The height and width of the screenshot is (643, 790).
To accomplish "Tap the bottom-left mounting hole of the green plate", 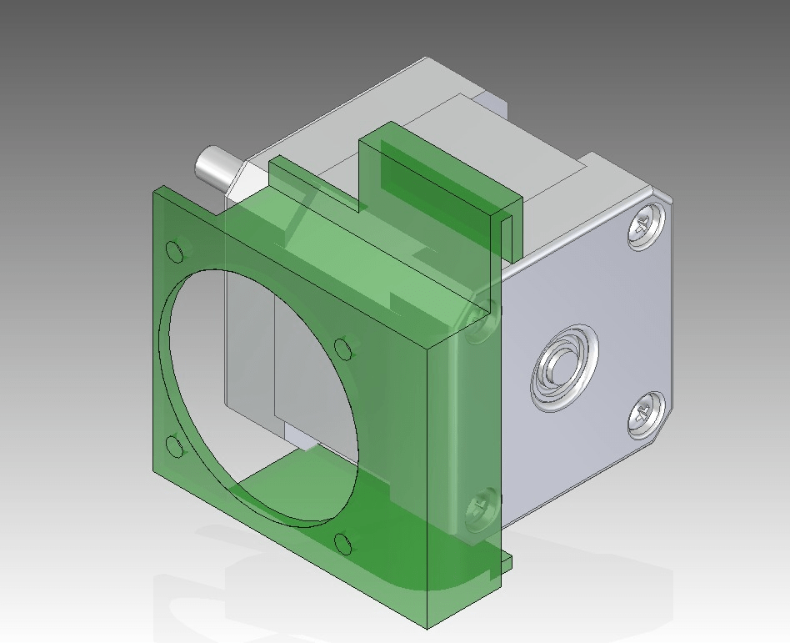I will click(x=175, y=446).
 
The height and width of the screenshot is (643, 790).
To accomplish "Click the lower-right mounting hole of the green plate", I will click(x=342, y=544).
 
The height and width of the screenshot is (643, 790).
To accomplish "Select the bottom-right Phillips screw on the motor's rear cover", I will click(x=642, y=414).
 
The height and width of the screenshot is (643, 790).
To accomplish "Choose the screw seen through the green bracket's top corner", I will click(x=481, y=324).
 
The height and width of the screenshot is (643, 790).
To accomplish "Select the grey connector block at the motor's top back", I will click(x=492, y=104).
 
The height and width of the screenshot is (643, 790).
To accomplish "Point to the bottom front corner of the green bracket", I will click(x=427, y=622).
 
